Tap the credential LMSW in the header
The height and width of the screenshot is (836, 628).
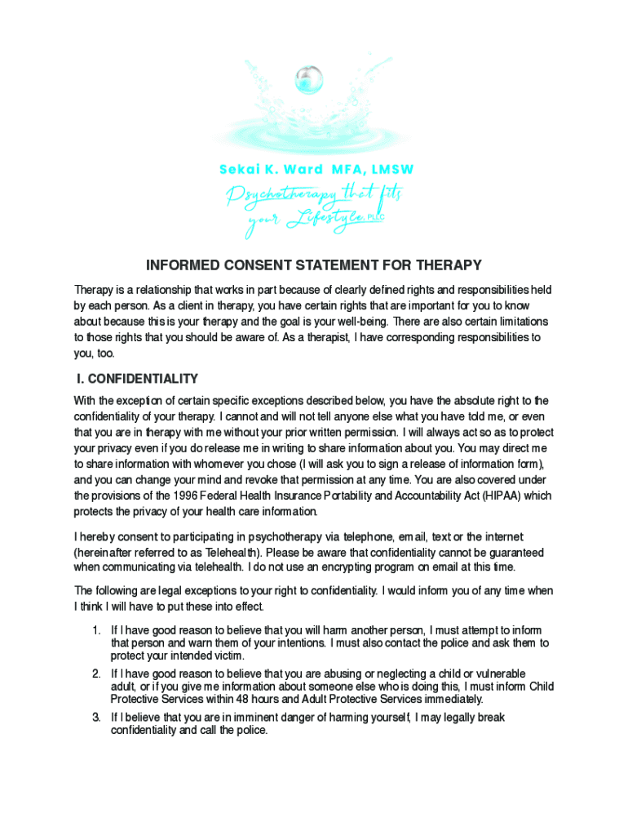click(x=387, y=170)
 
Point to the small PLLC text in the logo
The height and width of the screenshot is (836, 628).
click(x=375, y=217)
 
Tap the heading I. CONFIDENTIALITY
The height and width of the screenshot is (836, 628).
click(x=137, y=379)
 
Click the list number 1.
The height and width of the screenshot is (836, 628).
click(x=95, y=630)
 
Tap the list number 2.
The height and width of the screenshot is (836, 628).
click(x=95, y=674)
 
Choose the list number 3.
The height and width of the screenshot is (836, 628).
click(x=95, y=718)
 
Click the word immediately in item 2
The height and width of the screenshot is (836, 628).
click(x=449, y=699)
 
